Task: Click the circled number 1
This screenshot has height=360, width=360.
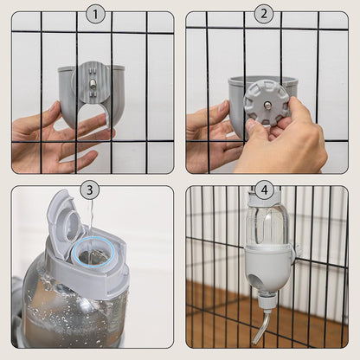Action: click(x=95, y=14)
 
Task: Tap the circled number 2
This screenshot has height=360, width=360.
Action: click(x=264, y=14)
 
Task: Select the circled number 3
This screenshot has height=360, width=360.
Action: click(x=89, y=190)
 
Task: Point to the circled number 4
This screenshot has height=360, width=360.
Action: click(x=264, y=190)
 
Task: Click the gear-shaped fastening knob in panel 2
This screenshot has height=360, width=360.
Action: click(x=266, y=102)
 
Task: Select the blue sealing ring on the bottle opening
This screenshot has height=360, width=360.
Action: click(x=90, y=254)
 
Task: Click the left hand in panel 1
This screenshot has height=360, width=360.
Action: click(x=52, y=137)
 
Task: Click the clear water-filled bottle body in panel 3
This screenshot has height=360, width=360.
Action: click(x=61, y=307)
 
